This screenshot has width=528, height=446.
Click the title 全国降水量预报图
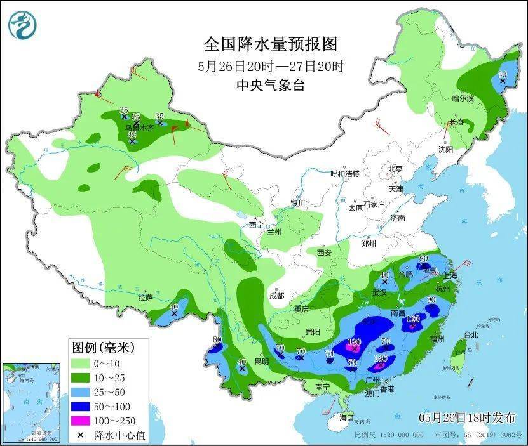coord(270,44)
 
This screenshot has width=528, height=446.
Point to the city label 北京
coord(396,169)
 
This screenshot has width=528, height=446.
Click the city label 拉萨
coord(145,297)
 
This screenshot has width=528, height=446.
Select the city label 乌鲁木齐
coord(140,128)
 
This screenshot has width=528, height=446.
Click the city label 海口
coord(346,417)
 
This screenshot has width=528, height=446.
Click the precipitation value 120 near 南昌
coord(414,318)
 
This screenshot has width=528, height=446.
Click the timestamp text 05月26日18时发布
coord(467,417)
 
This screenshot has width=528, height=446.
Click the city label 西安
coord(324,253)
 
